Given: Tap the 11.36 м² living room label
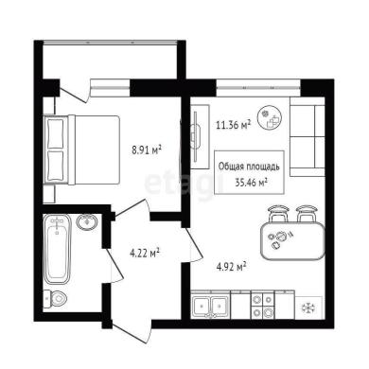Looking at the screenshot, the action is coord(234,125).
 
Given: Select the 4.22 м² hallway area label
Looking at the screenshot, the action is coord(145,253).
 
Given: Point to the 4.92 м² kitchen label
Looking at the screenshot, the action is coord(231,267).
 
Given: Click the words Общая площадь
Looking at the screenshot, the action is coord(249,167).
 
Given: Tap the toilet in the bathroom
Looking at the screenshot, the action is coord(55,299).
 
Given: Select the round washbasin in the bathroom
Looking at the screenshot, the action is coord(87,221).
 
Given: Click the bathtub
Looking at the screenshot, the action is coord(57,249).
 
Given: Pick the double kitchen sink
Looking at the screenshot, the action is coord(211,306).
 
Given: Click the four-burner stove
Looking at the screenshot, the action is coord(263,305).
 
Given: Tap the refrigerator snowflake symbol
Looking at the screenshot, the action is coord(307,308).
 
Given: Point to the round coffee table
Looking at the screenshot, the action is coord(270,118).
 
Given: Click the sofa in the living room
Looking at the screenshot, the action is coord(307,136).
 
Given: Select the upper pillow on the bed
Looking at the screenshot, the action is coord(56,134).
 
